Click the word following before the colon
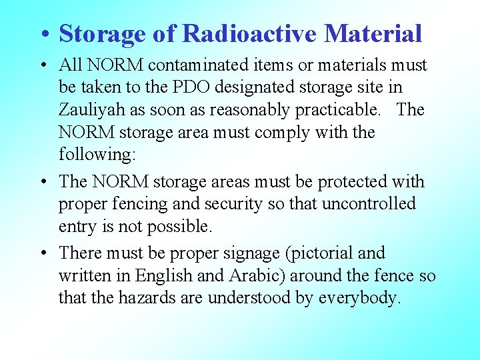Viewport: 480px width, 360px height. [95, 155]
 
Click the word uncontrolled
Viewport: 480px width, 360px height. [369, 204]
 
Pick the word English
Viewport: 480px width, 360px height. [184, 276]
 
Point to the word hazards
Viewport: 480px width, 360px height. [148, 298]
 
